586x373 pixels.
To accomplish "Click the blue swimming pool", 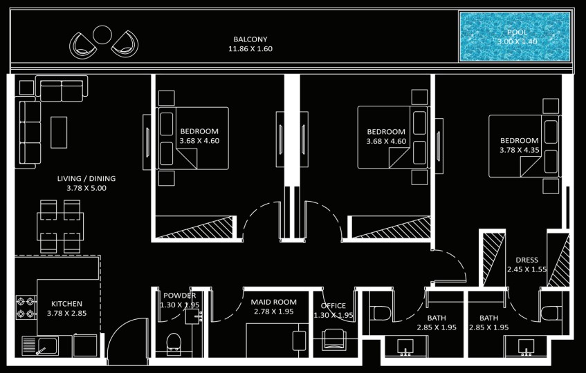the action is click(515, 37).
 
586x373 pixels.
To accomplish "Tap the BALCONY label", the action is click(250, 39).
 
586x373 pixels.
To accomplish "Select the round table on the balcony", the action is click(102, 35).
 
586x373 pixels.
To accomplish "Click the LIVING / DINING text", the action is click(86, 178).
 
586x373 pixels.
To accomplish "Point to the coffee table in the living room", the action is click(59, 133).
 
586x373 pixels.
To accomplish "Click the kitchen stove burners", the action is click(26, 307).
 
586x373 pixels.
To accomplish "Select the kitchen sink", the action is click(40, 346).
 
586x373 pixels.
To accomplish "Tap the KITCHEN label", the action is click(66, 304).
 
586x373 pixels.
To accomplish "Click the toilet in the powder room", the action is click(174, 343).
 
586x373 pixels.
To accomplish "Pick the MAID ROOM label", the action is click(273, 302).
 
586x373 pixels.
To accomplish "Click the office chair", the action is click(333, 338).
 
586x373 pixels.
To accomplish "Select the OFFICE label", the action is click(333, 306).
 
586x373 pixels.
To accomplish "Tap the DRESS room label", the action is click(527, 260).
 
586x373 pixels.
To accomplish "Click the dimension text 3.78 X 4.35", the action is click(520, 150).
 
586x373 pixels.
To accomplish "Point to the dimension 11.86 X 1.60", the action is click(250, 48).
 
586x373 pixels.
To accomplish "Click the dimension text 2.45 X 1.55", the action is click(527, 269).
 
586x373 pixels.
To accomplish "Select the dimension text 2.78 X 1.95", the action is click(274, 312).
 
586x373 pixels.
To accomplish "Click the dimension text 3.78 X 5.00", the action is click(86, 188).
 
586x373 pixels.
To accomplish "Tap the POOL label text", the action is click(518, 32).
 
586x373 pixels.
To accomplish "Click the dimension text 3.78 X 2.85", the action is click(66, 314).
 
